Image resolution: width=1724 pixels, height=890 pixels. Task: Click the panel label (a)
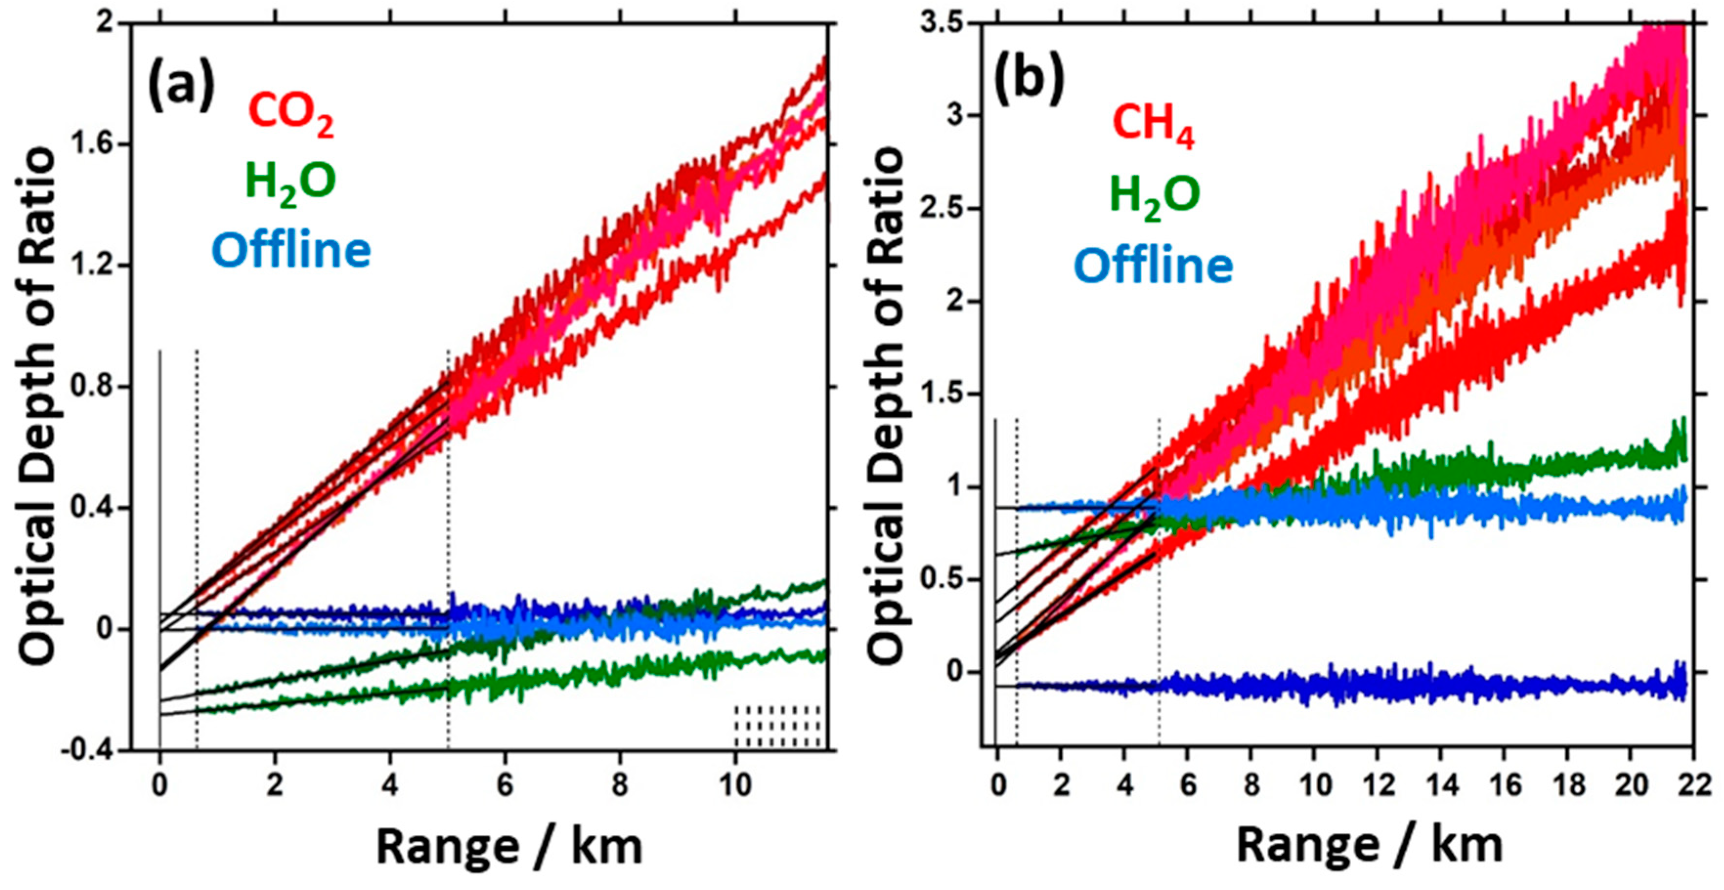[x=181, y=85]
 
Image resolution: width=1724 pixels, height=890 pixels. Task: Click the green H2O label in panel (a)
[x=290, y=182]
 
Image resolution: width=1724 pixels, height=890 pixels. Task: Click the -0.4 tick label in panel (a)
[x=92, y=751]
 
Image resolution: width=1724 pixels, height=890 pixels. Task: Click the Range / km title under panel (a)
[x=509, y=847]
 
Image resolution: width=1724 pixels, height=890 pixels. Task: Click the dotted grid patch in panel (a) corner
[x=777, y=725]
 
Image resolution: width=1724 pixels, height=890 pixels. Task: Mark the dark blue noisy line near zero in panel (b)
[x=1338, y=685]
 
